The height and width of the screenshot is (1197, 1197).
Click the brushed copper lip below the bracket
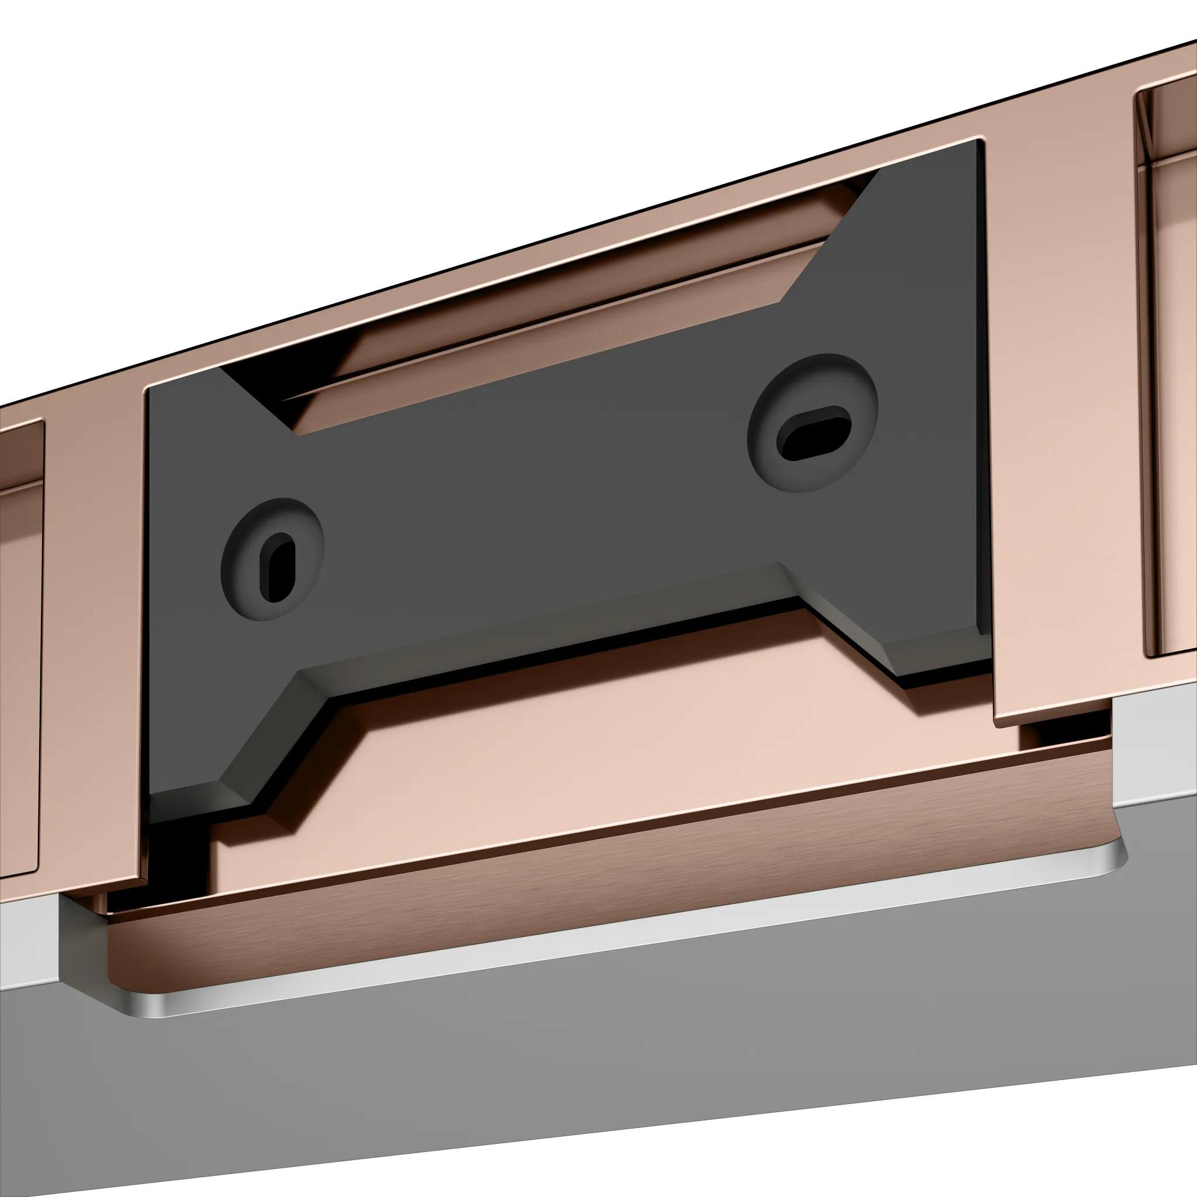pyautogui.click(x=558, y=892)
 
